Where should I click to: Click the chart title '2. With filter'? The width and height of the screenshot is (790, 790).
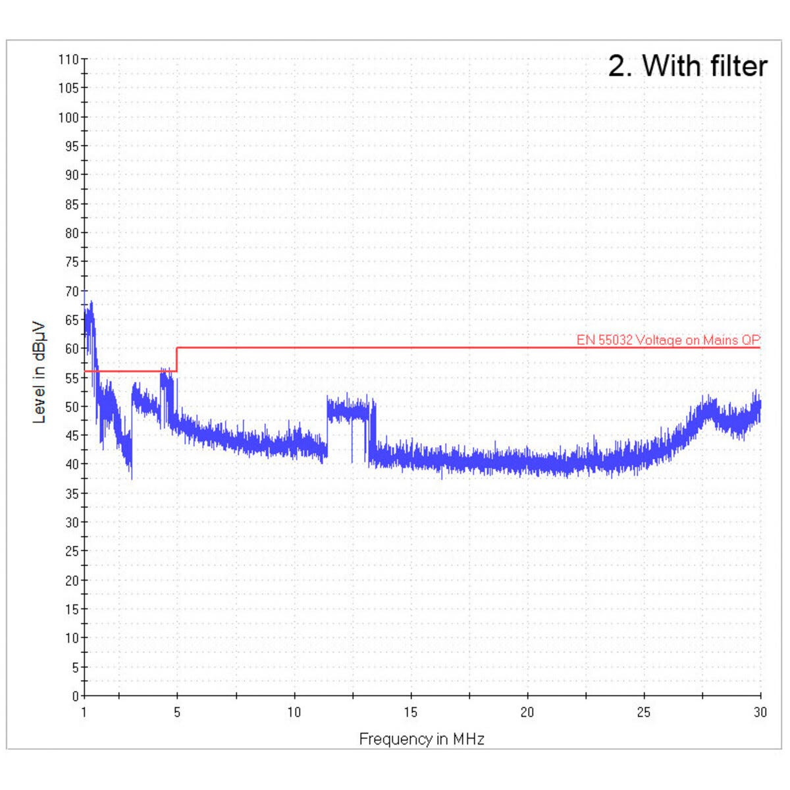687,66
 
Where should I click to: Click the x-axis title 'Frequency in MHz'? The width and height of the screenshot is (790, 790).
421,739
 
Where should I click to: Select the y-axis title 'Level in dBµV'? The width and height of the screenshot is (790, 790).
39,372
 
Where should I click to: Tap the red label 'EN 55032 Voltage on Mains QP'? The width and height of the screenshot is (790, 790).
668,340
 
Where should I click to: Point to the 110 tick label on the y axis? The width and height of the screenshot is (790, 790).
68,59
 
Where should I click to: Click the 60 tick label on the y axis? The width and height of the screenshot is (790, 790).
71,349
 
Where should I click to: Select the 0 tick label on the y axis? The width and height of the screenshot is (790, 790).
75,696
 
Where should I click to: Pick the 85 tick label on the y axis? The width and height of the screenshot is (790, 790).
71,204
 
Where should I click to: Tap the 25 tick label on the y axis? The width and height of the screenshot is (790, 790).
71,551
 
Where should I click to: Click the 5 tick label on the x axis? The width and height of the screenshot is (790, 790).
177,712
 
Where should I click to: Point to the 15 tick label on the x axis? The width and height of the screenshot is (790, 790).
411,712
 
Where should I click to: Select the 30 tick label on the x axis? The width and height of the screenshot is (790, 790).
760,712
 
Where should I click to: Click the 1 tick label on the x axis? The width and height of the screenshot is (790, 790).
84,712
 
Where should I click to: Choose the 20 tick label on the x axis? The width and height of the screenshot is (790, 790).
527,712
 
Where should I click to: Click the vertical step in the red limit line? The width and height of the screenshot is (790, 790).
177,359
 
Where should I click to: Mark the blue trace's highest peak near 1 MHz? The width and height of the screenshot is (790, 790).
91,303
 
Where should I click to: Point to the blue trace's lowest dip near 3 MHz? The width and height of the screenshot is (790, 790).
132,477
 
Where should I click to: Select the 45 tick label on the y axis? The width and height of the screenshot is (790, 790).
71,435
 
